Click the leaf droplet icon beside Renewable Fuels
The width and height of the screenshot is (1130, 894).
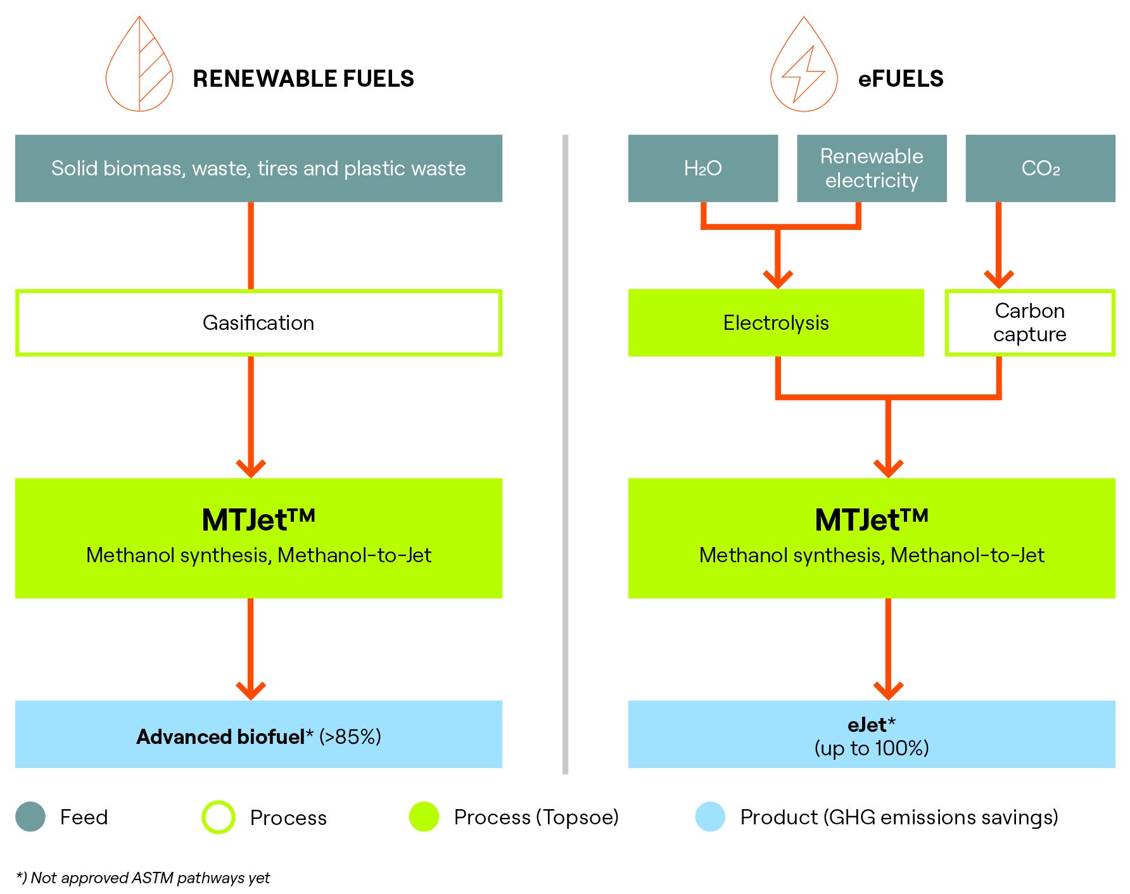click(x=139, y=66)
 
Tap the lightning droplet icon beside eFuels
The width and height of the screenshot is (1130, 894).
click(x=804, y=66)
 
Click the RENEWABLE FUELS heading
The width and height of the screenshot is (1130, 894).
click(x=303, y=79)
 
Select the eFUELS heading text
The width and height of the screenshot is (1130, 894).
click(x=900, y=79)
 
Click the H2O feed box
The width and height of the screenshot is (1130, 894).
click(x=702, y=168)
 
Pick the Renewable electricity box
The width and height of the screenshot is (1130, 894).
click(x=871, y=168)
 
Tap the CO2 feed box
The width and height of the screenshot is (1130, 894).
click(x=1040, y=168)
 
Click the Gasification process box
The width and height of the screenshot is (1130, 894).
click(x=258, y=323)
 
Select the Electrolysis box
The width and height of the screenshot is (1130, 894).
click(x=775, y=323)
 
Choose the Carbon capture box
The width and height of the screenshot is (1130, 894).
click(x=1029, y=323)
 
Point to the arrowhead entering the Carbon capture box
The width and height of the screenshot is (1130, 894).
click(x=999, y=280)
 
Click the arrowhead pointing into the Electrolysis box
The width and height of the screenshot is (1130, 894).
click(x=778, y=280)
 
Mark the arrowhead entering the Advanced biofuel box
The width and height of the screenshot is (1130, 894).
click(x=251, y=691)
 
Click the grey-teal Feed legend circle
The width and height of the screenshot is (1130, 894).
click(x=30, y=817)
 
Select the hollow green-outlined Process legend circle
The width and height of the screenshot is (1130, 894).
click(x=218, y=817)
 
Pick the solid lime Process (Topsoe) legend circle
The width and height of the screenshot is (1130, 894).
click(x=424, y=817)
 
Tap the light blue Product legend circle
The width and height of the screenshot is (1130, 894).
click(x=710, y=817)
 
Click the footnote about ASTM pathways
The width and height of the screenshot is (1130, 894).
click(x=143, y=878)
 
